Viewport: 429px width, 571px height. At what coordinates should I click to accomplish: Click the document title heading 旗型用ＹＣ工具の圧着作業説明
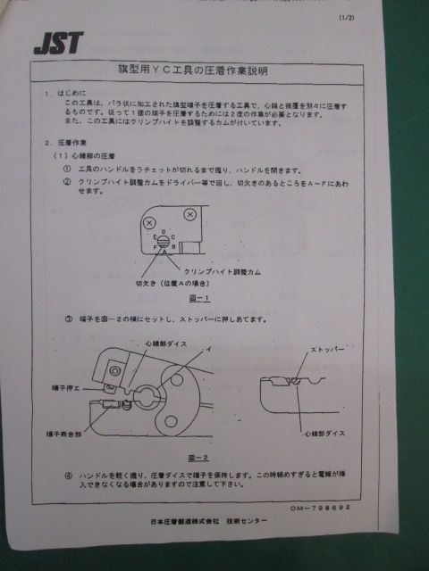click(194, 69)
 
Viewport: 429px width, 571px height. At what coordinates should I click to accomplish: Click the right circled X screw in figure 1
click(189, 215)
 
